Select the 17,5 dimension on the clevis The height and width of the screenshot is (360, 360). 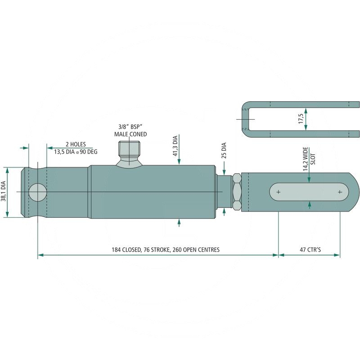(301, 118)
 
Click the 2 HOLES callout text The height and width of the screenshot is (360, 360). (76, 144)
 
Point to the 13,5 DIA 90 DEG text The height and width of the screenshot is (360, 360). (76, 152)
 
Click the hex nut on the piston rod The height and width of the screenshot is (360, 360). (237, 192)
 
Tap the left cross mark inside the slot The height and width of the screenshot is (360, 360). (279, 192)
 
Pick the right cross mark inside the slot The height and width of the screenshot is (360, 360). (340, 192)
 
